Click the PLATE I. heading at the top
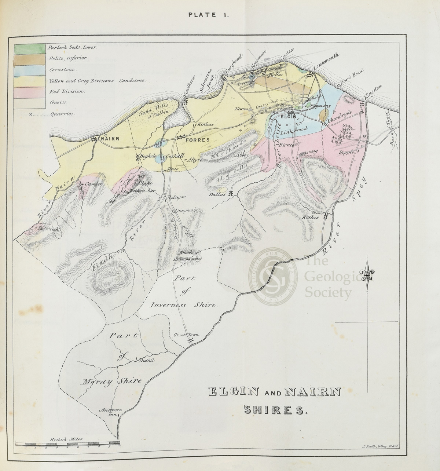click(209, 15)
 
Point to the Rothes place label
click(311, 217)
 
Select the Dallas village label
click(217, 194)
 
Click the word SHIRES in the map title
click(274, 410)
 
